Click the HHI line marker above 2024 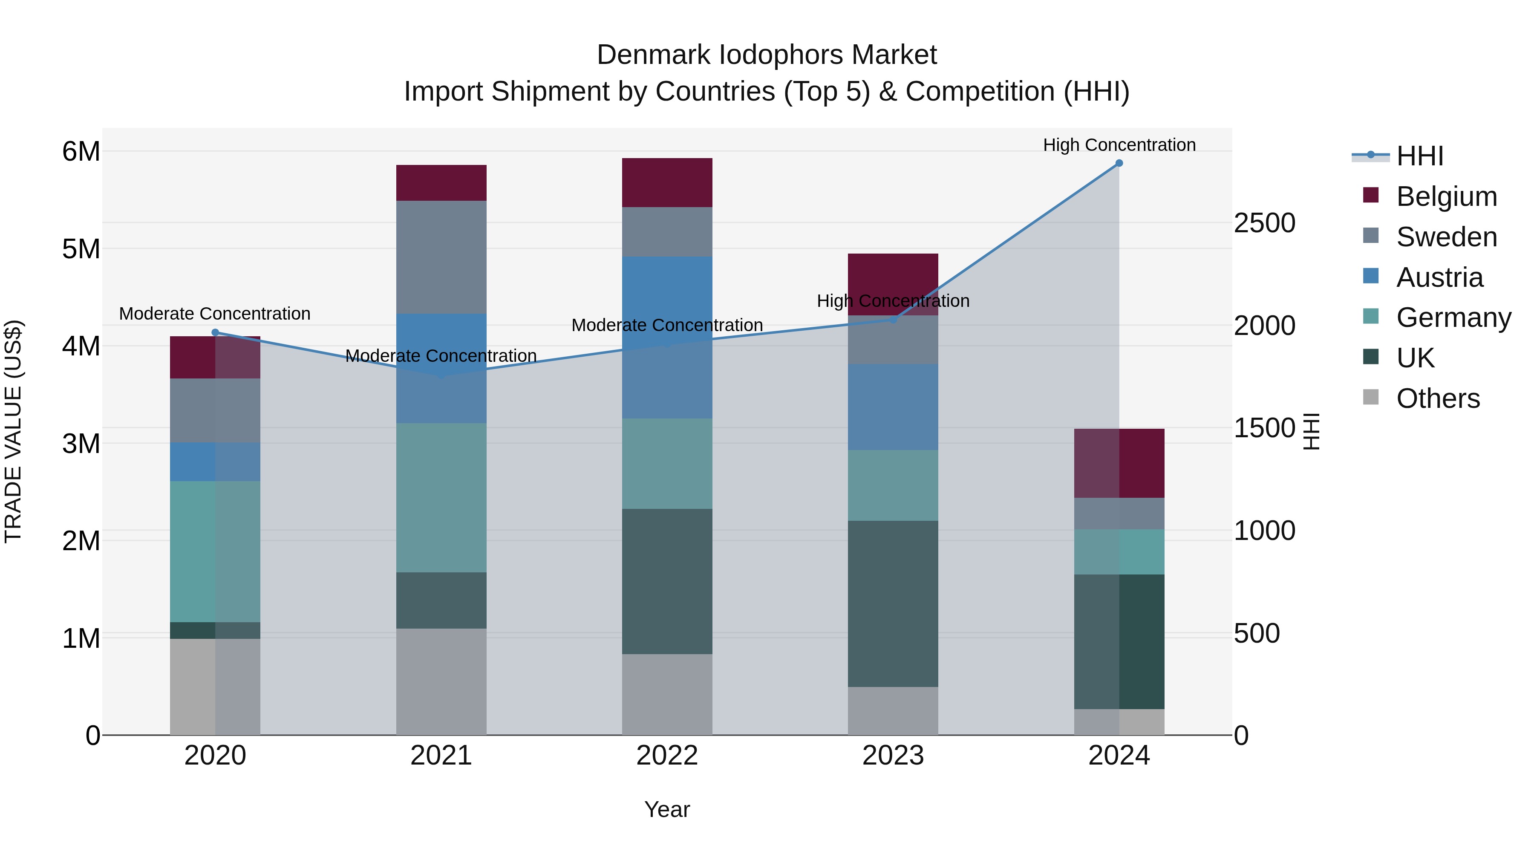(1119, 163)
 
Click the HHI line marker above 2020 (216, 333)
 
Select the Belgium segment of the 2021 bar (441, 183)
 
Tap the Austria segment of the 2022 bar (667, 337)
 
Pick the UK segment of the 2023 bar (893, 603)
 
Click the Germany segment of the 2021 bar (441, 497)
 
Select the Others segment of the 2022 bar (667, 695)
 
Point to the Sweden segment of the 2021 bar (441, 257)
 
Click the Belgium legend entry (1446, 196)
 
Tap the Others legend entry (1438, 398)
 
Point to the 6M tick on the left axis (81, 151)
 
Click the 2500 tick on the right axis (1264, 223)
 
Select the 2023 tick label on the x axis (893, 756)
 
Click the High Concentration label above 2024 (1119, 145)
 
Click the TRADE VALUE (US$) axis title (13, 431)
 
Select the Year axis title (667, 809)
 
